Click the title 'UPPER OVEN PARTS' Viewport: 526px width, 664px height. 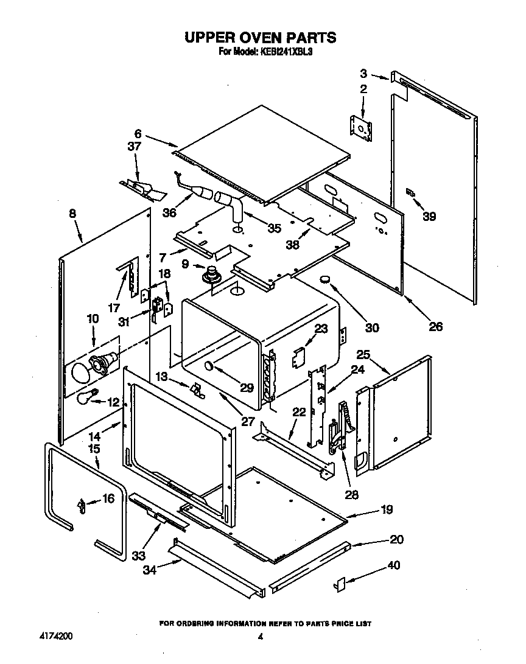(260, 37)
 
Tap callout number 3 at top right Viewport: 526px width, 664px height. (363, 74)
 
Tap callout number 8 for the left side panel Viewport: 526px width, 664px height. (72, 214)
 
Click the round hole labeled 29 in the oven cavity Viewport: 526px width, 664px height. (208, 366)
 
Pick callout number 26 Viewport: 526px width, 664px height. (435, 326)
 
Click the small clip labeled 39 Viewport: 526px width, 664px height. (411, 194)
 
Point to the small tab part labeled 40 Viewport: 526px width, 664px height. (340, 585)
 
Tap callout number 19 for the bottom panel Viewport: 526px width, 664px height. (387, 509)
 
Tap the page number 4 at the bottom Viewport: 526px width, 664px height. (260, 637)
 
